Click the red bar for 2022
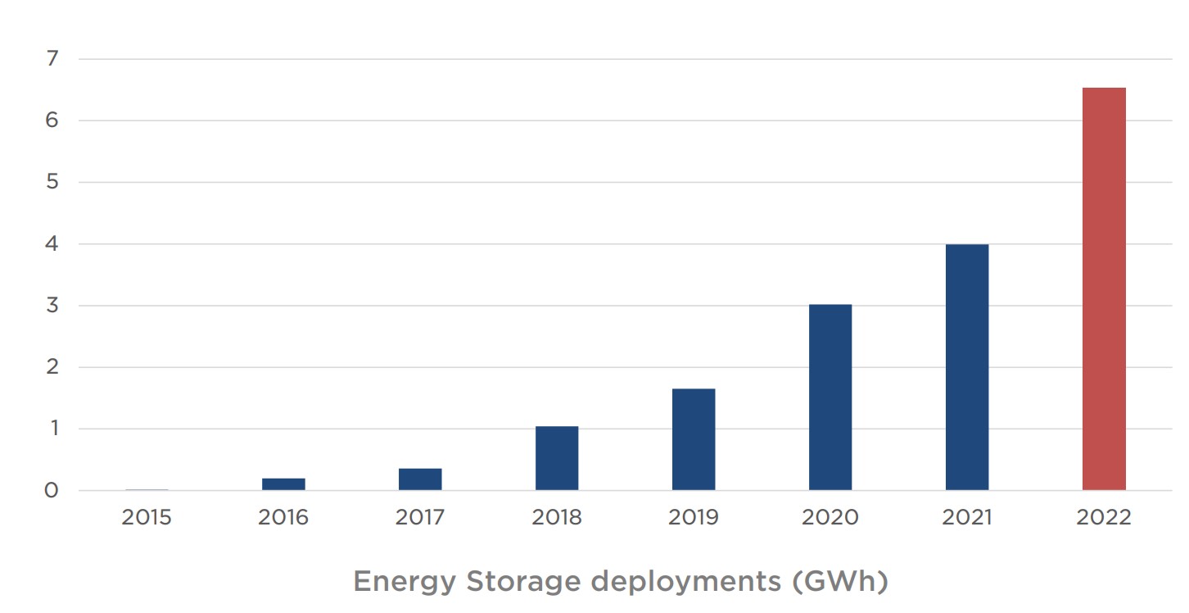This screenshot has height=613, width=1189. click(1104, 288)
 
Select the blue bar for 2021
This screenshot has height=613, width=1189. click(967, 367)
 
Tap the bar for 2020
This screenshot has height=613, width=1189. click(830, 397)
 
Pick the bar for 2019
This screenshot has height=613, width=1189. click(694, 439)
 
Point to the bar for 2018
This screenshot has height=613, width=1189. click(557, 458)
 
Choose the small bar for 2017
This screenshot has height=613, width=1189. click(420, 479)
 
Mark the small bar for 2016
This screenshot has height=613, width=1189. click(283, 484)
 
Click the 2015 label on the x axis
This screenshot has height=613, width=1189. click(147, 518)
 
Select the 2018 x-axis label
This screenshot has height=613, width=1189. click(557, 518)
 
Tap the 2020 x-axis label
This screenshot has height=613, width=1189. click(830, 518)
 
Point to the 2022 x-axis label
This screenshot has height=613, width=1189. click(1104, 518)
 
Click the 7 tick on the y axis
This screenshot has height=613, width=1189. click(52, 59)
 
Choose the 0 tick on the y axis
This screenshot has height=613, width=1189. click(52, 491)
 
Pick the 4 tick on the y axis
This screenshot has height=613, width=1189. click(52, 244)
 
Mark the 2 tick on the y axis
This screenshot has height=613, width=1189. click(52, 367)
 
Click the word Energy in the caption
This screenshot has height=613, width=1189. click(404, 582)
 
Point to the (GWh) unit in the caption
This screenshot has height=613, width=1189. click(840, 582)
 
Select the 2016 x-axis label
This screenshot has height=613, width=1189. click(283, 518)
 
